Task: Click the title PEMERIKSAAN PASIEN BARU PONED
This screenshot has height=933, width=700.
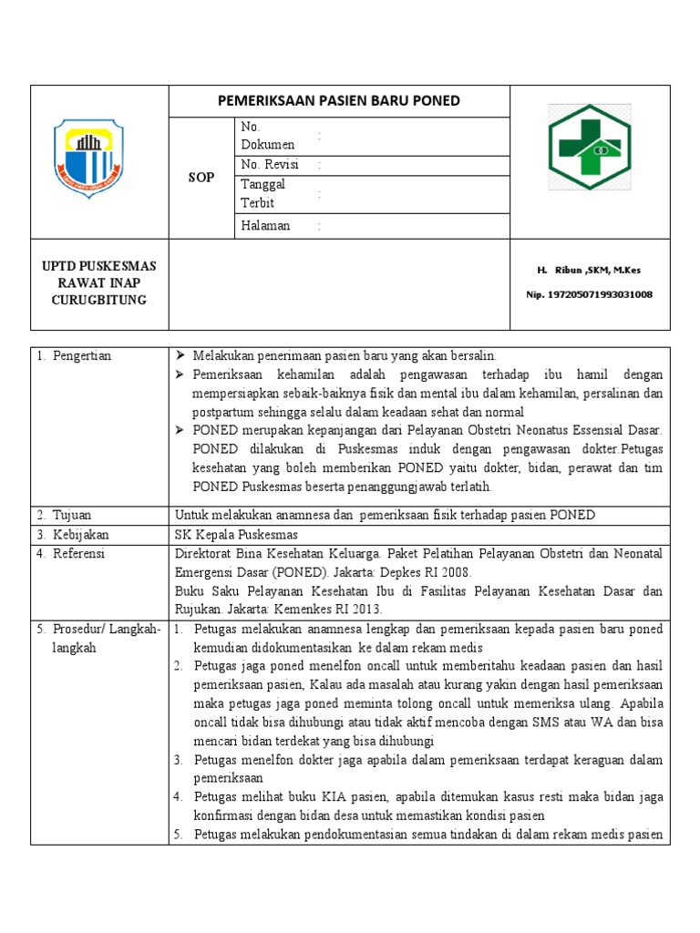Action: (x=339, y=101)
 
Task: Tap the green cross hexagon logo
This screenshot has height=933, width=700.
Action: (x=589, y=147)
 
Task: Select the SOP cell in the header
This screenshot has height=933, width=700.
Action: (x=201, y=178)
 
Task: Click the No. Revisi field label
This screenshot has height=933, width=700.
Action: (x=271, y=165)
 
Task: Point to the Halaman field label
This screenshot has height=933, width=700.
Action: (x=265, y=226)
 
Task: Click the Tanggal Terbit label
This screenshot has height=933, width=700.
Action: (x=263, y=194)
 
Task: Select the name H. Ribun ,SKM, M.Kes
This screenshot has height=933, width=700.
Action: (x=589, y=271)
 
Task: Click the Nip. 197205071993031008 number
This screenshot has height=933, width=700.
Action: (x=589, y=294)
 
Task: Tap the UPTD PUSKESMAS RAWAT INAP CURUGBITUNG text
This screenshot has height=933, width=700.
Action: (x=100, y=283)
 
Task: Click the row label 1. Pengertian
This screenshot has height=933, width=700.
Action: (x=75, y=356)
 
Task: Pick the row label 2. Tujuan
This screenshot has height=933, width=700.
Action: (x=65, y=516)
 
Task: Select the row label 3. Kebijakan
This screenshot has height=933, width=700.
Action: (x=71, y=534)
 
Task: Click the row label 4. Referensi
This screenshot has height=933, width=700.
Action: (x=71, y=553)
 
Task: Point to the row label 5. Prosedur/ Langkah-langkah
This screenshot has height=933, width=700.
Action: (x=98, y=639)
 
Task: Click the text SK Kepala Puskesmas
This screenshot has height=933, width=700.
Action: (x=236, y=534)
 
